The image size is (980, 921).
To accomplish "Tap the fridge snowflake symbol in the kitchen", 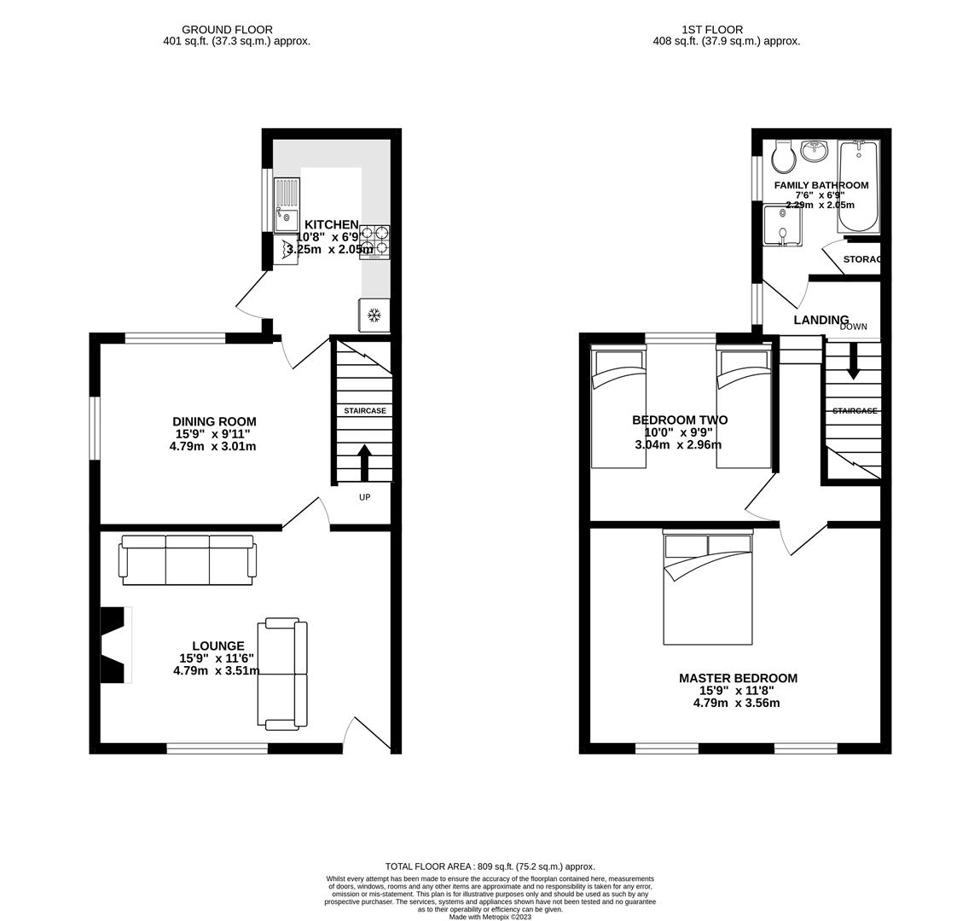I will [374, 316].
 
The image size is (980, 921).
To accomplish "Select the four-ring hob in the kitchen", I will [374, 240].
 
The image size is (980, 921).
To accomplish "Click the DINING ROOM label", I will [214, 421].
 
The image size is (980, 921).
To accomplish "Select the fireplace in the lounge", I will [115, 644].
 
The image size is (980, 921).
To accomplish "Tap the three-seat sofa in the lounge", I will [188, 559].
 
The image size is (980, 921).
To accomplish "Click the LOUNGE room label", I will [218, 646].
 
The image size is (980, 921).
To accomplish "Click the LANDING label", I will [821, 320].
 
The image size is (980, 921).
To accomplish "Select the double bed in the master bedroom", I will [708, 588].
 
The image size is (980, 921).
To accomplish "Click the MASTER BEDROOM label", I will [738, 678].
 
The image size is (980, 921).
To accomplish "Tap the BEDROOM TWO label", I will [680, 420].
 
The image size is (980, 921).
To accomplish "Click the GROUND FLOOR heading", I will [228, 29].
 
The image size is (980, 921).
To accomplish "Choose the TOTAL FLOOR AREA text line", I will [490, 866].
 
